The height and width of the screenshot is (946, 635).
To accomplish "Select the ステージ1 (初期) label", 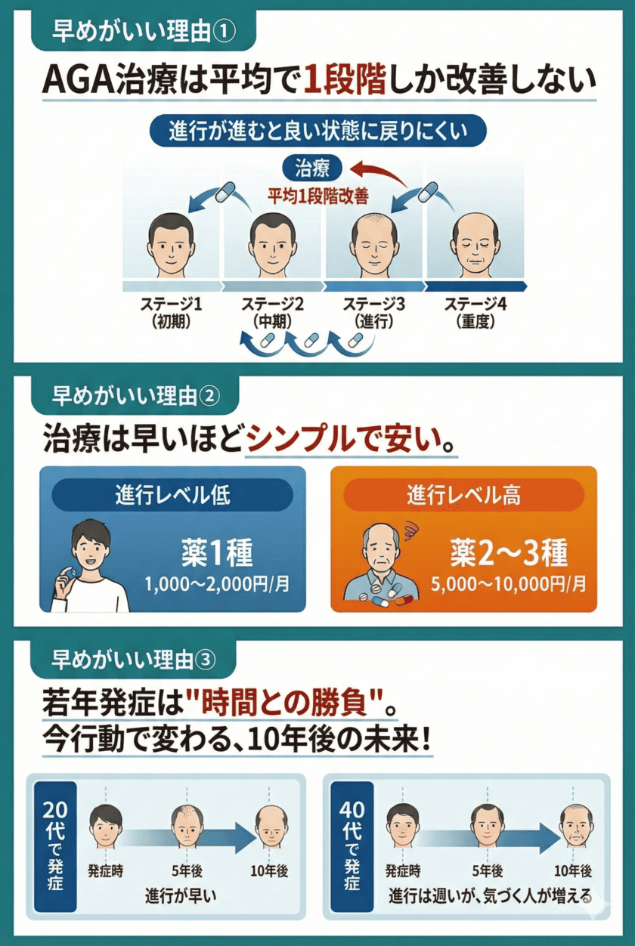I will (172, 311).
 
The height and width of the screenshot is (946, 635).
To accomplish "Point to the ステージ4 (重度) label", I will (475, 311).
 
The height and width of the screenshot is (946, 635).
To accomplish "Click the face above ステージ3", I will (374, 245).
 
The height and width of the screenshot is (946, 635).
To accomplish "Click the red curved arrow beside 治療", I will (382, 173).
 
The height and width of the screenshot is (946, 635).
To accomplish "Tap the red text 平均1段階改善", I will (318, 196).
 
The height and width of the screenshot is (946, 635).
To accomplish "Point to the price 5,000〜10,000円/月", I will (508, 583).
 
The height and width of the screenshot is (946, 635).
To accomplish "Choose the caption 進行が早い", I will (180, 897).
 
